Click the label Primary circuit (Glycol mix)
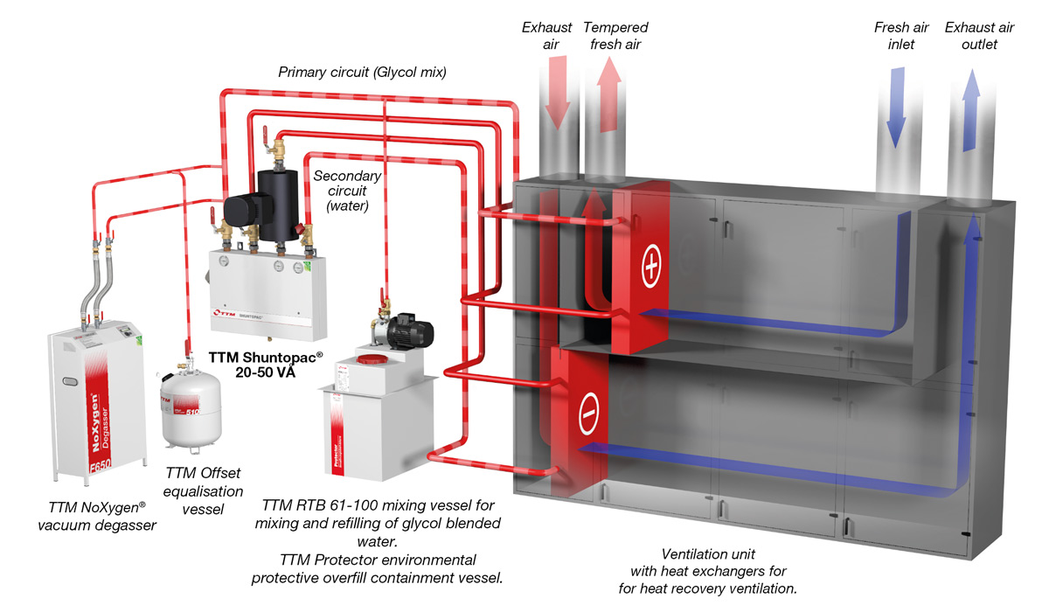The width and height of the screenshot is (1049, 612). [362, 73]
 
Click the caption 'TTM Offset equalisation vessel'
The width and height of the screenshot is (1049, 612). [203, 491]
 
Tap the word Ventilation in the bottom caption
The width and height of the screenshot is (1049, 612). [696, 553]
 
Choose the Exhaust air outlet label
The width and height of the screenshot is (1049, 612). [979, 36]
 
